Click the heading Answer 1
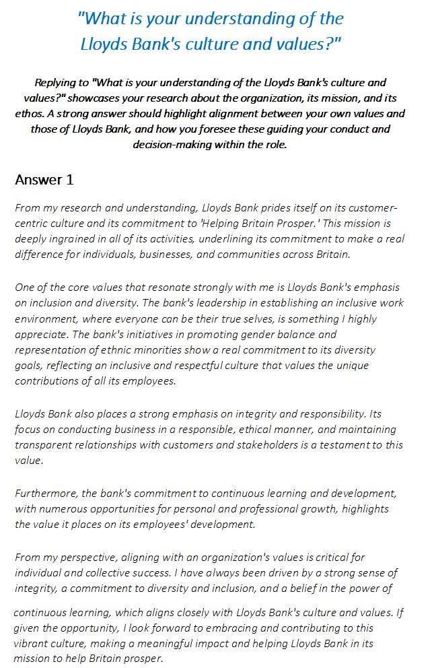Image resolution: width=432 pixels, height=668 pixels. pos(44,180)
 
